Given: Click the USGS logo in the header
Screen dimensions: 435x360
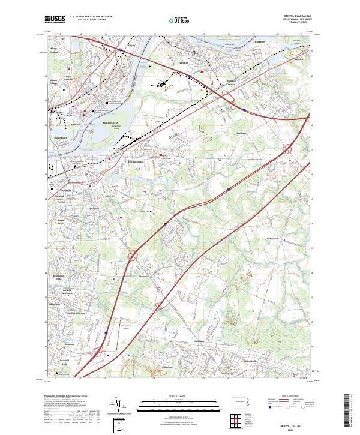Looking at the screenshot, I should coord(56,20).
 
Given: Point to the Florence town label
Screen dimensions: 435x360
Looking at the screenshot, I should coord(184,62).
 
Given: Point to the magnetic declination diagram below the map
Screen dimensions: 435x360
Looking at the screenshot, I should coord(124,407).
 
